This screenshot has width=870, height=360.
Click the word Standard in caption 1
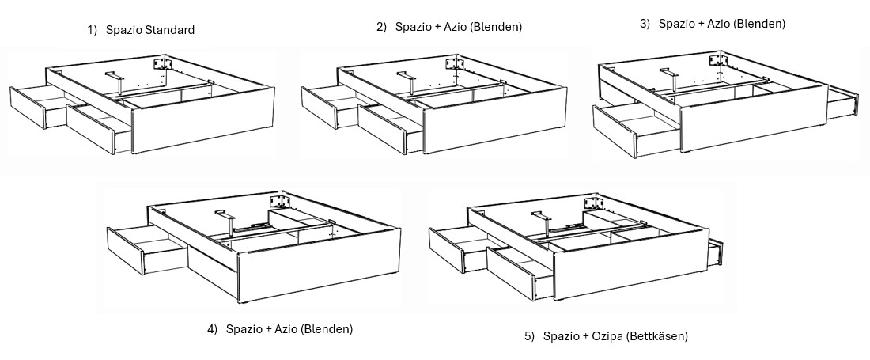click(168, 30)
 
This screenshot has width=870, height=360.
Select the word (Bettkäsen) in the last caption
click(658, 336)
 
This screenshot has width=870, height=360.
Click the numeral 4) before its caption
click(212, 329)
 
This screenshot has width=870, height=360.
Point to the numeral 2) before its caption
click(381, 27)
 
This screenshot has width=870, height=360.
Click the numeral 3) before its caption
click(645, 24)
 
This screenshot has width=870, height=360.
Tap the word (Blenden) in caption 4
click(326, 329)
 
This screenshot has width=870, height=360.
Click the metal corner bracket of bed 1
click(163, 63)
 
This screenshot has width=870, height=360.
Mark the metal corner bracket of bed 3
click(718, 59)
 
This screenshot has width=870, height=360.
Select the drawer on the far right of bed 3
click(842, 102)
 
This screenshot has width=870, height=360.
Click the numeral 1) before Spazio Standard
click(92, 30)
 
